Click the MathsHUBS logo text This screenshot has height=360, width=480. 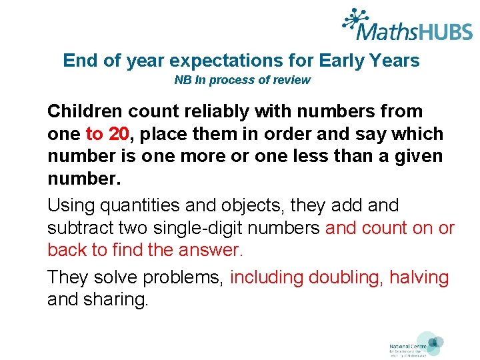click(413, 30)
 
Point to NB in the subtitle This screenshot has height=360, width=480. click(182, 80)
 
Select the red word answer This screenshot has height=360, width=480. click(210, 251)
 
